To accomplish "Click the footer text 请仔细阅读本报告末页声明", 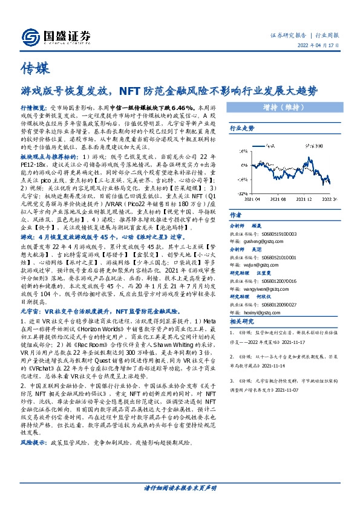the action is (x=180, y=504).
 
